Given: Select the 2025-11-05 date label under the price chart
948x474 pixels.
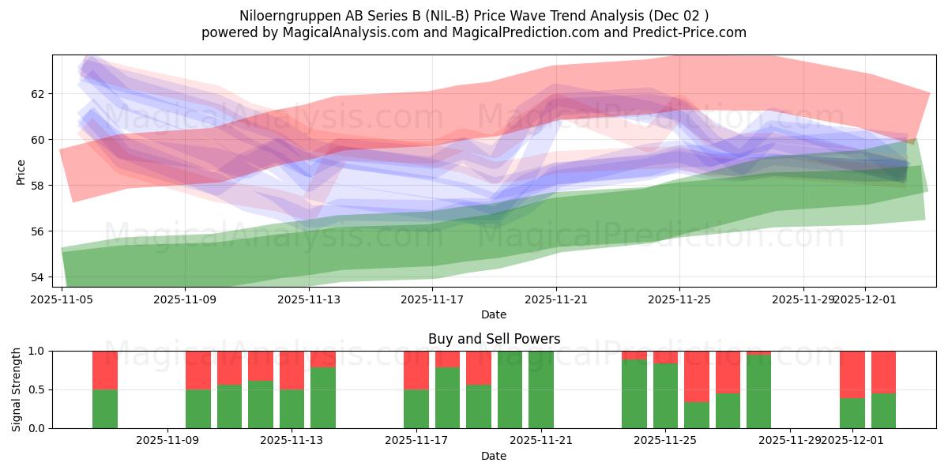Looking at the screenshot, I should click(62, 299).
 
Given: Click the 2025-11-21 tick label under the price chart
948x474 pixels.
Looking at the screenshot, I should click(556, 299).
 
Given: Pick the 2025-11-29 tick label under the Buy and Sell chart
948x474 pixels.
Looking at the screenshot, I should click(790, 440).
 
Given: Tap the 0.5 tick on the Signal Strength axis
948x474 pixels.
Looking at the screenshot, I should click(39, 389).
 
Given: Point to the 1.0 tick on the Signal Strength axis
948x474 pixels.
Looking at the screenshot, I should click(39, 351).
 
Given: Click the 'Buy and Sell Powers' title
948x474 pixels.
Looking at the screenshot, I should click(494, 339).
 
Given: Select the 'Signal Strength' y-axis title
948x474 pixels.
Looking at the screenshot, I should click(17, 389).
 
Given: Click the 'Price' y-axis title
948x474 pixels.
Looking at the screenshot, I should click(21, 171).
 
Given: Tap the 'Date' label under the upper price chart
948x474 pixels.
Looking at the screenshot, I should click(494, 315).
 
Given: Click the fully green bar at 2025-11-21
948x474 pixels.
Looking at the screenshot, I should click(541, 389).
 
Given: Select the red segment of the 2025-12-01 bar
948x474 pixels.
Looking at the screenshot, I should click(852, 374).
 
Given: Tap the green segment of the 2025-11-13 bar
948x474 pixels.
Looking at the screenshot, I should click(292, 408).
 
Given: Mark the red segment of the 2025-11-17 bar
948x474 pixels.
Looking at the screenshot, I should click(416, 370).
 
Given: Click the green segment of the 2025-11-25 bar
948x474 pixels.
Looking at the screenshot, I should click(665, 396).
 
